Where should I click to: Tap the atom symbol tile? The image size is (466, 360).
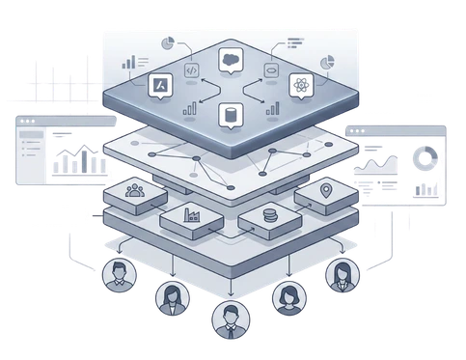pyautogui.click(x=298, y=87)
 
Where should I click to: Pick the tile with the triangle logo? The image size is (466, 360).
pyautogui.click(x=160, y=86)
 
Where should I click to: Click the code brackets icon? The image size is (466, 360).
pyautogui.click(x=191, y=69)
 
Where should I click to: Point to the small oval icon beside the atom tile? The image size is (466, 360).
pyautogui.click(x=270, y=70)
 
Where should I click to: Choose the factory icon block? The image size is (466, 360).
pyautogui.click(x=186, y=216)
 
